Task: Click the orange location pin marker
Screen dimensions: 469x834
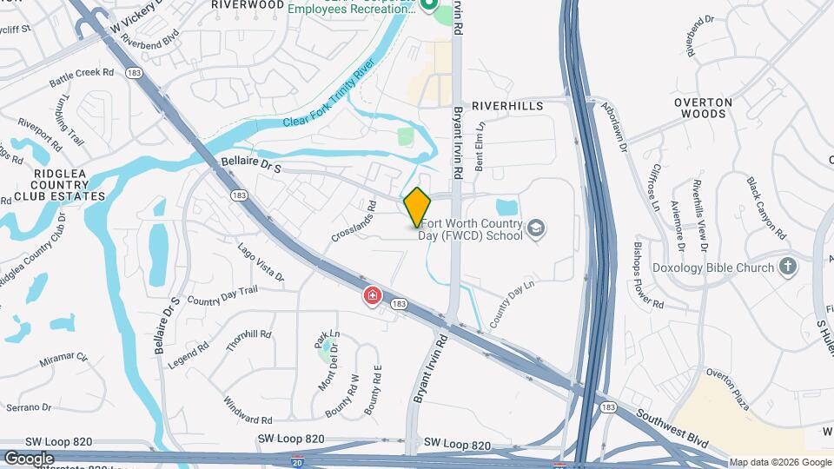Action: tap(418, 208)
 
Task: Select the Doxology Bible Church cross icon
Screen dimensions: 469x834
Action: tap(788, 267)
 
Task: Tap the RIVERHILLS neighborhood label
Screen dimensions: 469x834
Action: tap(507, 105)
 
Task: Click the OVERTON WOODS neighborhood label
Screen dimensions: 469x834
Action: tap(704, 108)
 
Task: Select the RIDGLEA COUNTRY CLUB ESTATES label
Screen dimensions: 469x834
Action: tap(57, 185)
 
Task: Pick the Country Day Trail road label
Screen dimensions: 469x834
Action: tap(222, 296)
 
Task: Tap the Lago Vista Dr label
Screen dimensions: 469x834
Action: tap(261, 261)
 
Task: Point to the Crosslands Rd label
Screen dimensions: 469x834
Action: tap(354, 222)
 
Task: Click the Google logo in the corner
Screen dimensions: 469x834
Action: tap(29, 458)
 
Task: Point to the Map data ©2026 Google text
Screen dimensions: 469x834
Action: tap(779, 462)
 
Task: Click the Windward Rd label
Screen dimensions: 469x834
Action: tap(224, 406)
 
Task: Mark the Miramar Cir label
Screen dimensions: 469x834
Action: tap(64, 356)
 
